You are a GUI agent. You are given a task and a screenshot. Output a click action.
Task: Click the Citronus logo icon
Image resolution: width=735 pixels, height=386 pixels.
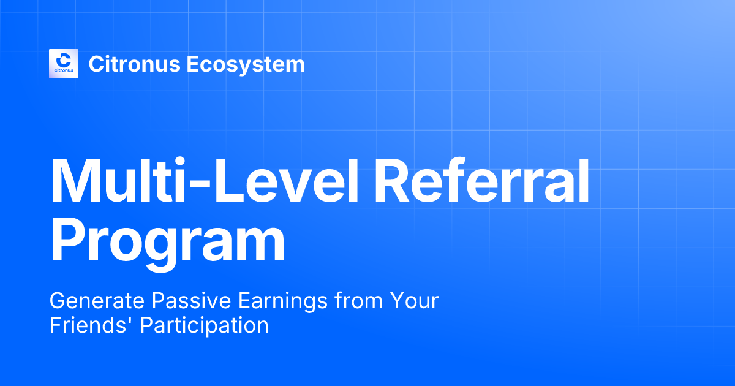tap(64, 64)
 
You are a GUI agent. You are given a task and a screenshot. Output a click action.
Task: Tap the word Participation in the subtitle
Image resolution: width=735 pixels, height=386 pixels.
tap(205, 325)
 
